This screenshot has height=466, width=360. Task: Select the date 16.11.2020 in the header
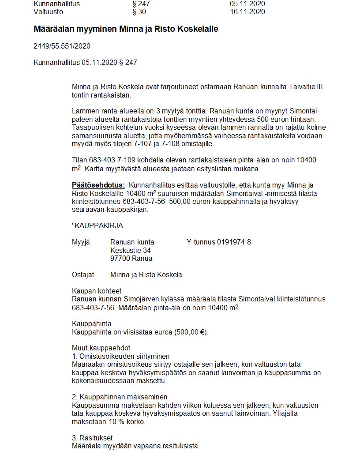tap(247, 12)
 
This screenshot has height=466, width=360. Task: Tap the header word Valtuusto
tap(48, 12)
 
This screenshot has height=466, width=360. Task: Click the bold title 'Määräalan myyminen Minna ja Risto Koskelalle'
tap(126, 29)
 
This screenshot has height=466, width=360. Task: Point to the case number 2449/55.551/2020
tap(62, 46)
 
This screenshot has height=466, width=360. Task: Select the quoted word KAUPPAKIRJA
tap(97, 226)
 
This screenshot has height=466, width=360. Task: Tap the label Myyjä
tap(80, 242)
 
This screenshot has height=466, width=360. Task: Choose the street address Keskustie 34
tap(131, 250)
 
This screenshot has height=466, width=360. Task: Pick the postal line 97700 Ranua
tap(131, 259)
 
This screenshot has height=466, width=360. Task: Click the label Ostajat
tap(83, 275)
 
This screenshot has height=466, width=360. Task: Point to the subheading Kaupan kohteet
tap(97, 291)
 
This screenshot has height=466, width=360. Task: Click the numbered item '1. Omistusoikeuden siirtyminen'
tap(121, 356)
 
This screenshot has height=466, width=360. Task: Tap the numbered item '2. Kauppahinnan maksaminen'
tap(120, 397)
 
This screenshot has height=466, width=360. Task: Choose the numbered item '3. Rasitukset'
tap(92, 438)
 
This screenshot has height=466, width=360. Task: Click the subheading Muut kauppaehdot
tap(101, 348)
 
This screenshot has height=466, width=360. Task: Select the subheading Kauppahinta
tap(92, 324)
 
